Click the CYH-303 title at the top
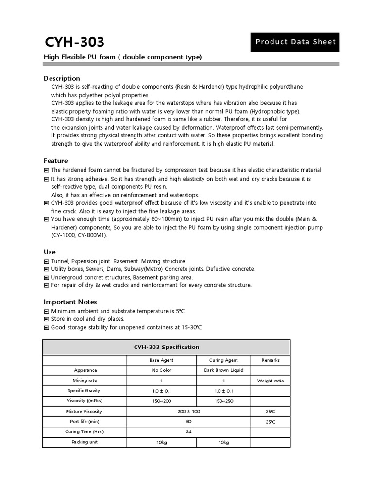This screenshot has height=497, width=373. (74, 42)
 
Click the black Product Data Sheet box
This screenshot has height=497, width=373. (295, 42)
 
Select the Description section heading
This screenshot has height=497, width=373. (62, 78)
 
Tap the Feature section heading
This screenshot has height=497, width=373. (56, 161)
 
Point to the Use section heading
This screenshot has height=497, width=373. (50, 252)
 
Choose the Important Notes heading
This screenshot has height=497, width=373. (70, 302)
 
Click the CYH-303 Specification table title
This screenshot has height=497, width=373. (166, 347)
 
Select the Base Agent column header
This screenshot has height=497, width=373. (161, 360)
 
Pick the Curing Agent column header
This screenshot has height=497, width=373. (223, 360)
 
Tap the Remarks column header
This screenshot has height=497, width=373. (271, 360)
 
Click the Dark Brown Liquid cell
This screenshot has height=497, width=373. (223, 370)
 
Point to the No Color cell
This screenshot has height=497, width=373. (161, 370)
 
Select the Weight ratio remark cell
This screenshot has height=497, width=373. (271, 381)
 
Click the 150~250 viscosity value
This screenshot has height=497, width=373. (223, 401)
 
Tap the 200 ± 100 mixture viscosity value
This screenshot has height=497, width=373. (188, 412)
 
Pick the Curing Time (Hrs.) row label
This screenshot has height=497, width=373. (85, 432)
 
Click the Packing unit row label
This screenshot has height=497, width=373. (85, 442)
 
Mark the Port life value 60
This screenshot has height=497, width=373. (188, 422)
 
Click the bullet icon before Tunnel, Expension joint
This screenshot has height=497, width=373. (47, 261)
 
